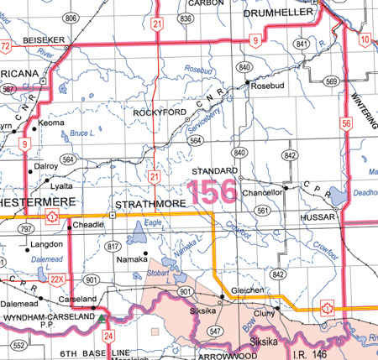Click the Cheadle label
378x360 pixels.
click(88, 226)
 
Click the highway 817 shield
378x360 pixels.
click(111, 246)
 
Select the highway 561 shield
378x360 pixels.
click(261, 210)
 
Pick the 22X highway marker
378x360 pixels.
click(56, 279)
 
